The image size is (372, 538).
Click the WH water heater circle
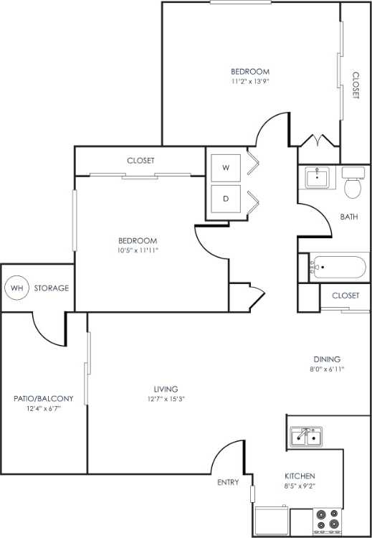tap(16, 288)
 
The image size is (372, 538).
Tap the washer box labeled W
tap(225, 168)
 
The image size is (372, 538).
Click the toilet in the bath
tap(352, 184)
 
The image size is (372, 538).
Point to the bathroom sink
tap(316, 177)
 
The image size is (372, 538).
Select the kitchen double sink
tap(306, 436)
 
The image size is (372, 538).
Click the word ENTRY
tap(228, 483)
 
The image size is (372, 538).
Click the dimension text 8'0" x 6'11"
tap(326, 369)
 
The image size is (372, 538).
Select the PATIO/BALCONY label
tap(44, 398)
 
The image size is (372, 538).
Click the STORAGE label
tap(52, 288)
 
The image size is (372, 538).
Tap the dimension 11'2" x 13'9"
tap(249, 81)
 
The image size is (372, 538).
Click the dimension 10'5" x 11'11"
tap(138, 250)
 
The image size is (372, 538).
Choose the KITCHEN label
tap(299, 476)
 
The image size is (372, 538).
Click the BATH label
tap(349, 216)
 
